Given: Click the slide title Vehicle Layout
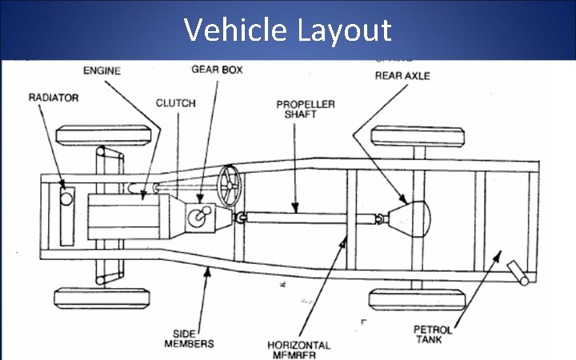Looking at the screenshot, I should point(288,30).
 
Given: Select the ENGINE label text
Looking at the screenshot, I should point(102,70).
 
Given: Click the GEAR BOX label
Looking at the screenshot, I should point(217,70).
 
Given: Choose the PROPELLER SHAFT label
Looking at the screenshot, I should point(306,110).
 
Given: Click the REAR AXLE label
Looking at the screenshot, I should point(404,77).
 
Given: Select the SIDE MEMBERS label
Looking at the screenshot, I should point(192,338).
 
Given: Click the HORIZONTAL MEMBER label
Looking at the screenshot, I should point(298,350).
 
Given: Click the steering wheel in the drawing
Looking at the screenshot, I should point(230,186).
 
